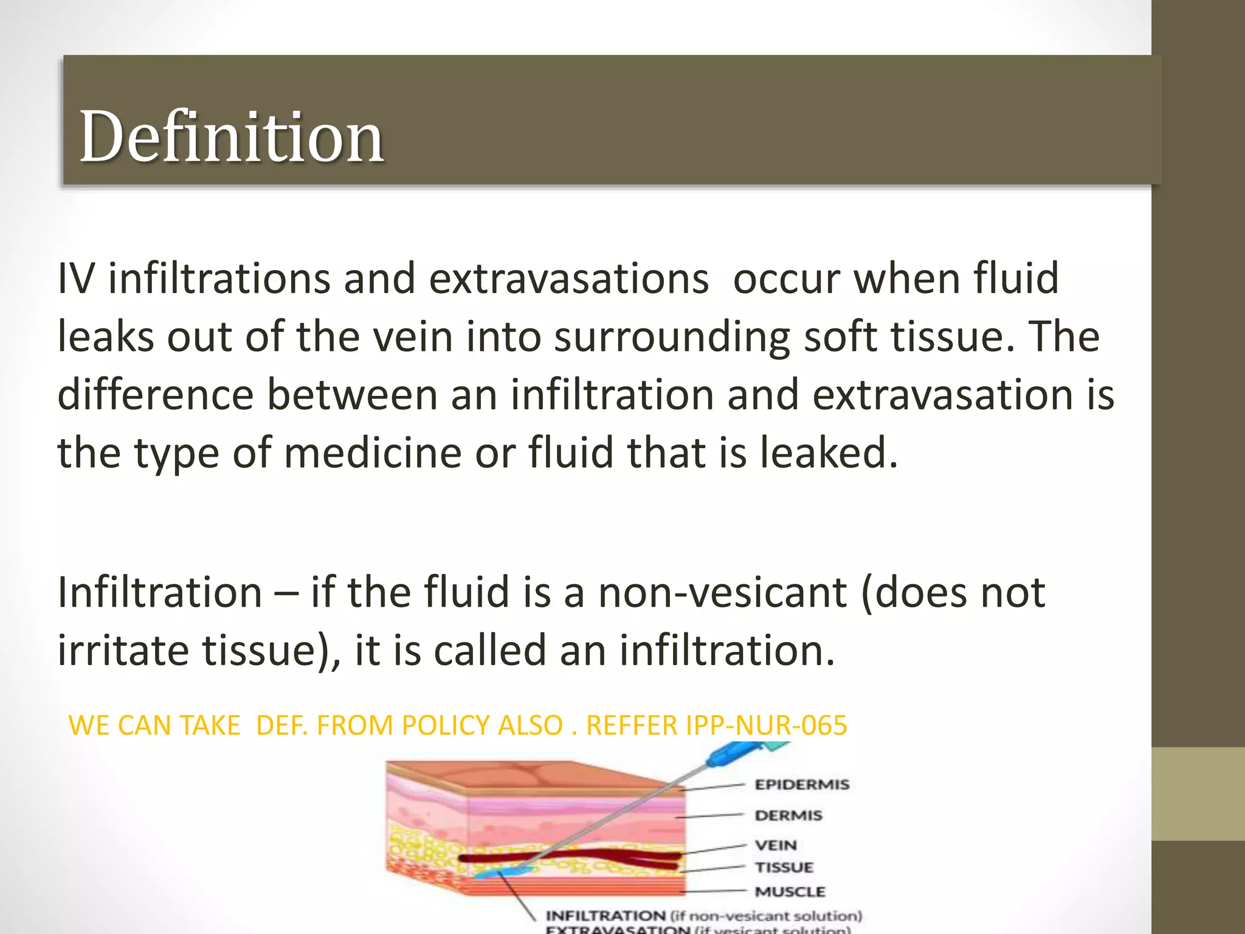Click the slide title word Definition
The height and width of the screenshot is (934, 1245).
(x=231, y=137)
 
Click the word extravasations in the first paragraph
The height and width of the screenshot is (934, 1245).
(x=569, y=279)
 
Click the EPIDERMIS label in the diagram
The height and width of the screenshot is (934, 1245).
(x=801, y=784)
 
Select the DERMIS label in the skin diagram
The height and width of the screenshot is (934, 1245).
(x=788, y=815)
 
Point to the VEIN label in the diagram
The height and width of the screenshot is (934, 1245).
(x=775, y=845)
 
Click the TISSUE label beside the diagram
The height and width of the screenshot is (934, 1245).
(x=784, y=867)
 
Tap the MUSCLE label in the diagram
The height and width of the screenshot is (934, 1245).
(x=790, y=891)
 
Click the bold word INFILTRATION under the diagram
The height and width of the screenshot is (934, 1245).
(x=605, y=916)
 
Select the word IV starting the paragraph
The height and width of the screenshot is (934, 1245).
(x=76, y=279)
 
